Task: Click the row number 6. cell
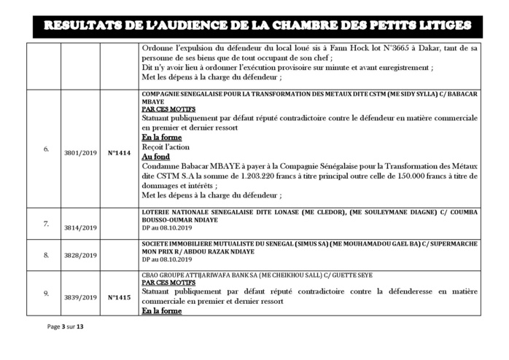pos(46,150)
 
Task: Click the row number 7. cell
pos(46,223)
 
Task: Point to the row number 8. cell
pos(46,256)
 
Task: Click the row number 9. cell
pos(46,293)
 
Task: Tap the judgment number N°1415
pos(120,297)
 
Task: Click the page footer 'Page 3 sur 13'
pos(64,326)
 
